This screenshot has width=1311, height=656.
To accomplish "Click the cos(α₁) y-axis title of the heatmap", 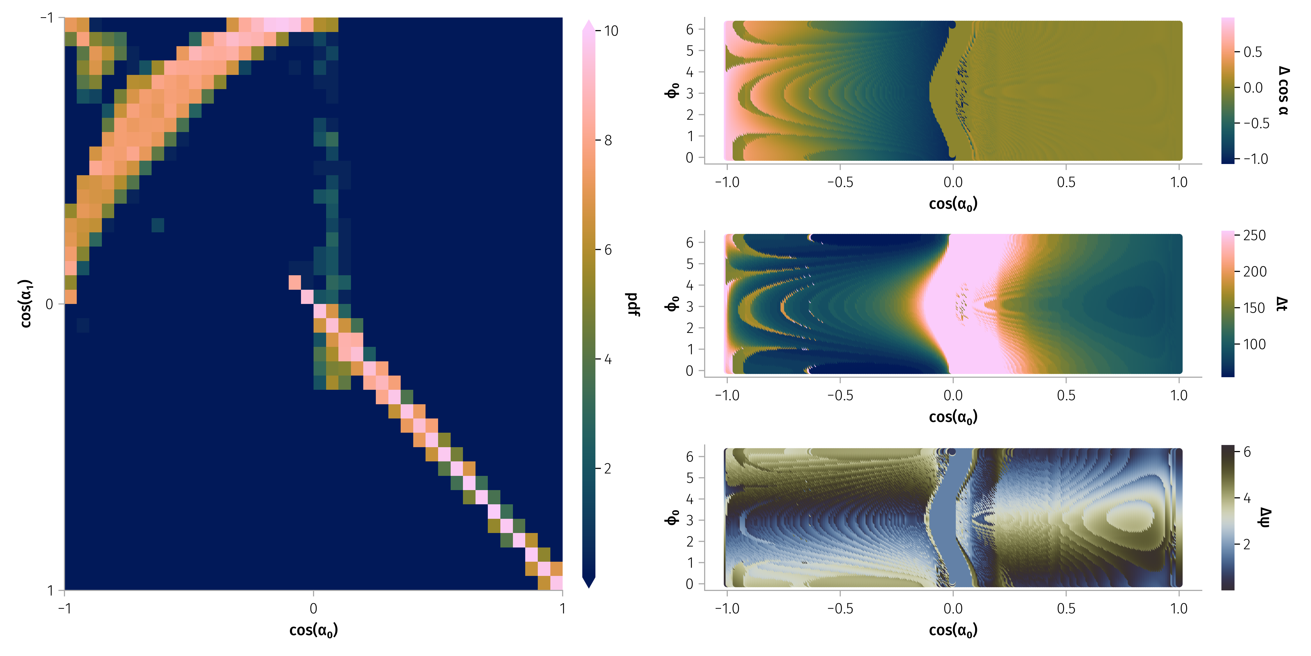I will pos(25,304).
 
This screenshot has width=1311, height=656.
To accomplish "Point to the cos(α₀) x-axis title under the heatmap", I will pos(314,631).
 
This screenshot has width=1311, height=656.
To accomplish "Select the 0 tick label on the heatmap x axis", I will pos(314,608).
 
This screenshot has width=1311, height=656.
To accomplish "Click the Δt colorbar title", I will pos(1282,304).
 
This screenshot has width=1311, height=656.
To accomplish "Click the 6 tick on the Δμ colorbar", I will pos(1247,452).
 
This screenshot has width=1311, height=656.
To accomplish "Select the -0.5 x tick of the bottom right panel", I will pos(840,608).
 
